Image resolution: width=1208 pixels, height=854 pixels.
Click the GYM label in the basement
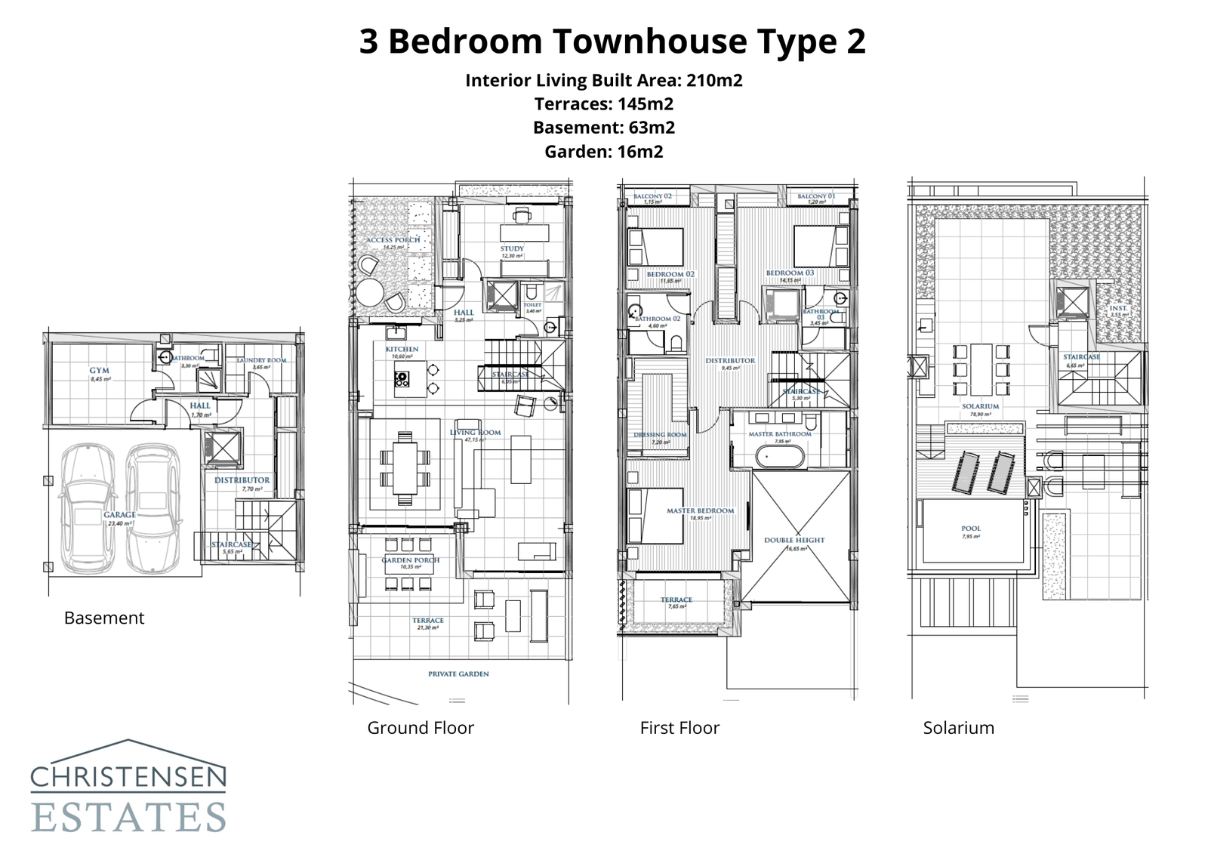[x=100, y=371]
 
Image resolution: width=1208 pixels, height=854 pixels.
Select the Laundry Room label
[x=261, y=360]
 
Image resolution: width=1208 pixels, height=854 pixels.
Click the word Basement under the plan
[x=103, y=618]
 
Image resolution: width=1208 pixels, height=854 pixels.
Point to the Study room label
[x=511, y=248]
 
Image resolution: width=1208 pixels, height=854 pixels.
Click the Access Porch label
[x=393, y=240]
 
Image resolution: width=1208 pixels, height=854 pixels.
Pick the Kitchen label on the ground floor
[x=402, y=350]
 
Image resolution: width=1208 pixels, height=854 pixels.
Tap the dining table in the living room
[x=405, y=468]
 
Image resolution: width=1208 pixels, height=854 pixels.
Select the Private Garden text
[x=458, y=674]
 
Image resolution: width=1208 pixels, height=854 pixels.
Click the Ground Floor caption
[x=421, y=728]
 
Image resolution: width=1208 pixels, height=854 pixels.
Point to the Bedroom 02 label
[x=670, y=274]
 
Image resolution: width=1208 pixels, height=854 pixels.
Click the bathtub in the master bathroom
[x=780, y=457]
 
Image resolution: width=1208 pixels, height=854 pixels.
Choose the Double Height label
[x=794, y=541]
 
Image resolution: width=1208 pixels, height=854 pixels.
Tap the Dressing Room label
[x=660, y=435]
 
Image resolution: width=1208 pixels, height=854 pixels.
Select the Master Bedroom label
[x=700, y=511]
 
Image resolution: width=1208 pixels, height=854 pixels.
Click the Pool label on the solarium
[x=971, y=529]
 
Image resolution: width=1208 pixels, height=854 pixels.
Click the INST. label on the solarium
[x=1118, y=308]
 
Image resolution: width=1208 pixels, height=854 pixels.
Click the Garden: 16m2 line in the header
[x=603, y=152]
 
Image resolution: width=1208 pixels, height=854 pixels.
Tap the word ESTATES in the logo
[x=128, y=818]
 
